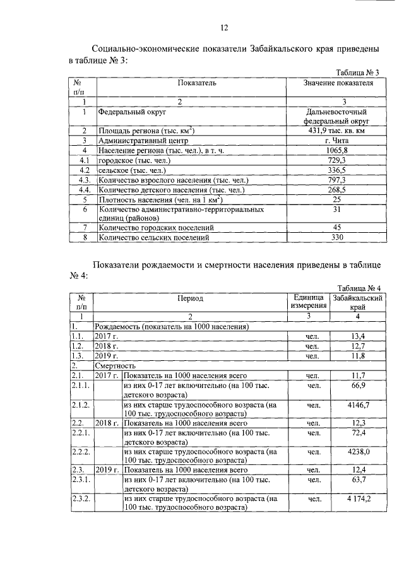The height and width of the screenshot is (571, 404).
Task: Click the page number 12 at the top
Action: tap(223, 27)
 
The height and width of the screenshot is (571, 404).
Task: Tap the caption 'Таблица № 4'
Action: tap(357, 288)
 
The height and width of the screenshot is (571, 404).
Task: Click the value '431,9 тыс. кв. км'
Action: tap(336, 131)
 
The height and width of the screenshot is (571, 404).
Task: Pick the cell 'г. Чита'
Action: tap(336, 141)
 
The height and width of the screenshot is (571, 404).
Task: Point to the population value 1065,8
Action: tap(336, 151)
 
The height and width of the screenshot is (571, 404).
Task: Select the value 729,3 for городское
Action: tap(336, 161)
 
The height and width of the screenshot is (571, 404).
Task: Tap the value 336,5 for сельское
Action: tap(336, 170)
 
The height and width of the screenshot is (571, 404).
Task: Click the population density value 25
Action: tap(336, 199)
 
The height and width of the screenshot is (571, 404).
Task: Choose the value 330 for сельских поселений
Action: tap(336, 238)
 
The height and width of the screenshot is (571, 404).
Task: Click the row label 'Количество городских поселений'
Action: tap(156, 228)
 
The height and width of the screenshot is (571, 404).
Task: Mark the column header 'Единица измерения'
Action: tap(309, 302)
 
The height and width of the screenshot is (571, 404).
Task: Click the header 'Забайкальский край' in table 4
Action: tap(358, 302)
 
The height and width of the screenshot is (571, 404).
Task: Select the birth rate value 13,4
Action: tap(358, 336)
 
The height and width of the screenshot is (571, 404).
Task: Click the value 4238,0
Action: tap(358, 451)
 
